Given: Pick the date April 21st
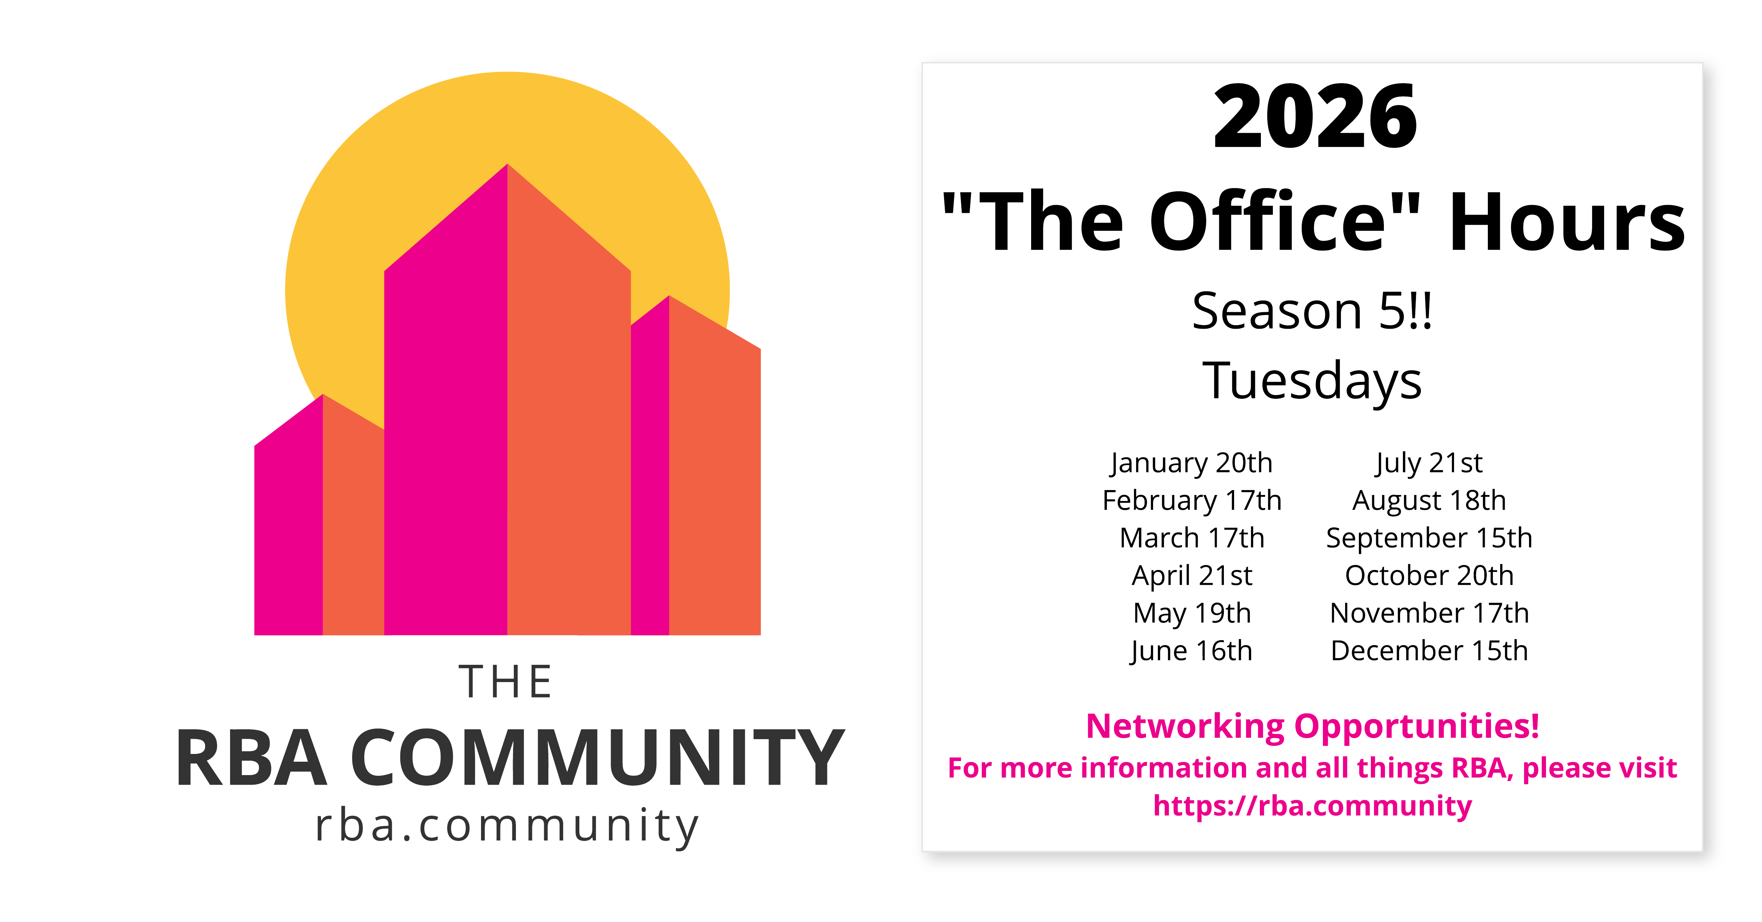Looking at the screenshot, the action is point(1191,576).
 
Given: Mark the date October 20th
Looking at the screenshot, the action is point(1429,576).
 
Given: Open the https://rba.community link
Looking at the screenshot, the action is point(1312,806).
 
